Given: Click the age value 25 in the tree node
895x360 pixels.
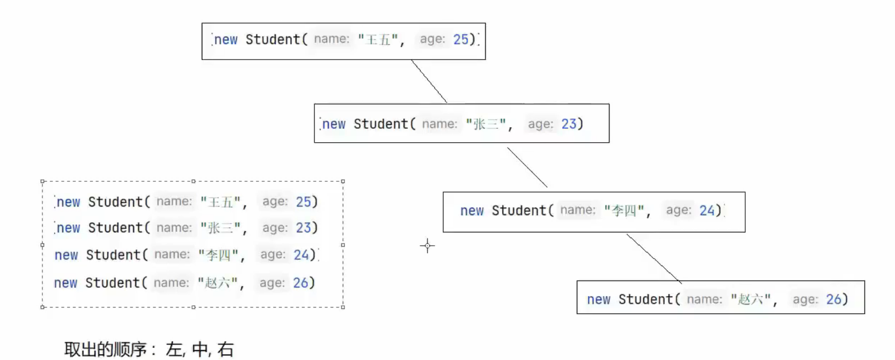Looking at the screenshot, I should (461, 39).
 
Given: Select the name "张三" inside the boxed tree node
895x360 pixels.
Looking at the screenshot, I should (486, 124).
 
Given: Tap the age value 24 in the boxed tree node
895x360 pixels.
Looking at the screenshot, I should (707, 210).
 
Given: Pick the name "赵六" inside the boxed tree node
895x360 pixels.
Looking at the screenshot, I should (751, 299).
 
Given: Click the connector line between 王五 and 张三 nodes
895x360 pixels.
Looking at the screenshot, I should (429, 81).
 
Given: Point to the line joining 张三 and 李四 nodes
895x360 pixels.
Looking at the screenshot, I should (527, 167).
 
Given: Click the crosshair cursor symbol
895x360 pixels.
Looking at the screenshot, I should (427, 246).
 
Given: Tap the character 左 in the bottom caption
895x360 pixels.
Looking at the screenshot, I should (174, 349).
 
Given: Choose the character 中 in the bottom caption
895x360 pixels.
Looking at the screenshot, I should (200, 349).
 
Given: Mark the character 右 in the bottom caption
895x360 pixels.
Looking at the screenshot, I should (225, 349).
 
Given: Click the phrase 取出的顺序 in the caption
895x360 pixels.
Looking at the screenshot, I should (105, 349).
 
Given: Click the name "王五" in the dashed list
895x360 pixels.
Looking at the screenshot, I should (221, 202).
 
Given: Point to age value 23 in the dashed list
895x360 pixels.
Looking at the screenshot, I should (303, 228).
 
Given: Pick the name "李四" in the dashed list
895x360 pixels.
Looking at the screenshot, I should (218, 255).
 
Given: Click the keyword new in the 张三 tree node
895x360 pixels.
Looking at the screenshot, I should (334, 124).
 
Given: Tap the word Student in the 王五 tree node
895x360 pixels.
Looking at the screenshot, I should (273, 40).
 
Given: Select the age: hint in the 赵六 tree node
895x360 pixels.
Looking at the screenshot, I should (805, 299).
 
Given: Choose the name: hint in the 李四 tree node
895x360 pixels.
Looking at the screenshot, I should (578, 210).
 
